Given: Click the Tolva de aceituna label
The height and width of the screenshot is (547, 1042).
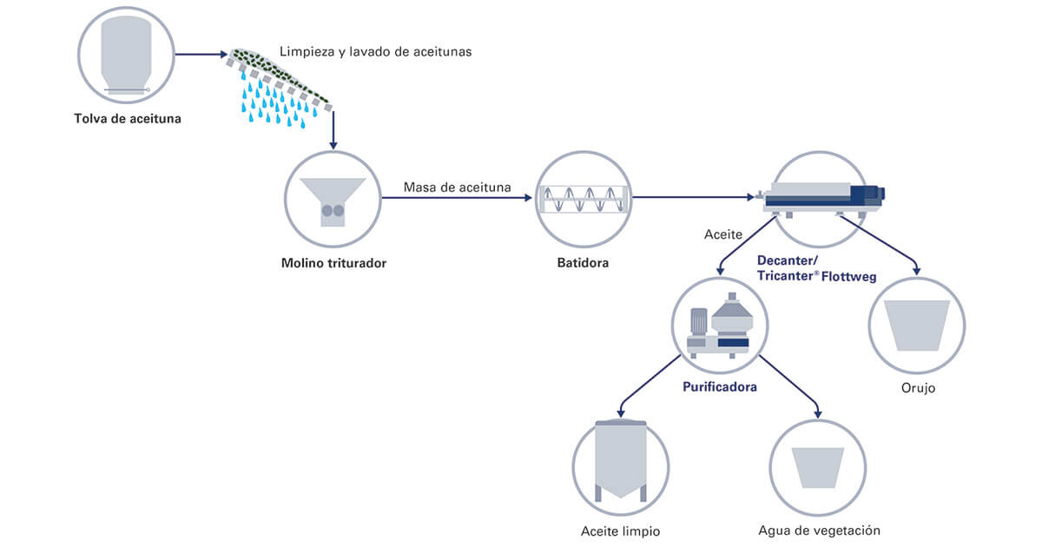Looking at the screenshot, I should pyautogui.click(x=128, y=118).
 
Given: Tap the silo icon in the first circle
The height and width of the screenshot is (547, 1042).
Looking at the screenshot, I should pyautogui.click(x=127, y=56).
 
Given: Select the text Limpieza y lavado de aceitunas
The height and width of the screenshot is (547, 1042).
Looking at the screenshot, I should pyautogui.click(x=375, y=52).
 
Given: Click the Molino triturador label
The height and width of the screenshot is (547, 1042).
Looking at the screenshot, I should pyautogui.click(x=333, y=261).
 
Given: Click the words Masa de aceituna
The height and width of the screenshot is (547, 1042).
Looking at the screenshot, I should pyautogui.click(x=458, y=187).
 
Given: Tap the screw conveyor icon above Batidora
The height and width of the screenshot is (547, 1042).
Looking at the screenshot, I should pyautogui.click(x=583, y=201).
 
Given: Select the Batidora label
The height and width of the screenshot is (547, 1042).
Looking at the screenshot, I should pyautogui.click(x=583, y=261).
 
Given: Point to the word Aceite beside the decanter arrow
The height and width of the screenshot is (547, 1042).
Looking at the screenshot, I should pyautogui.click(x=722, y=234).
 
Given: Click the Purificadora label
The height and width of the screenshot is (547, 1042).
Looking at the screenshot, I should pyautogui.click(x=720, y=386).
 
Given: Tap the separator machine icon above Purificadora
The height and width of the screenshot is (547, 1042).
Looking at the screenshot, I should pyautogui.click(x=719, y=326).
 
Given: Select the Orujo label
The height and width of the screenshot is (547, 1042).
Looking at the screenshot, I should pyautogui.click(x=917, y=388).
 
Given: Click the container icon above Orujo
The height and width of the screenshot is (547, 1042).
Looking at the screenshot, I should pyautogui.click(x=917, y=326).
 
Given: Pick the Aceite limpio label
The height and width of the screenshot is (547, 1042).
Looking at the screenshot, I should pyautogui.click(x=621, y=531).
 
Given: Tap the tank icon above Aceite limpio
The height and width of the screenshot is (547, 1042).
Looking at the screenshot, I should pyautogui.click(x=621, y=459).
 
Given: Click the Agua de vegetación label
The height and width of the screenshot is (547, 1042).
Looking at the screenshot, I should pyautogui.click(x=819, y=531).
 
